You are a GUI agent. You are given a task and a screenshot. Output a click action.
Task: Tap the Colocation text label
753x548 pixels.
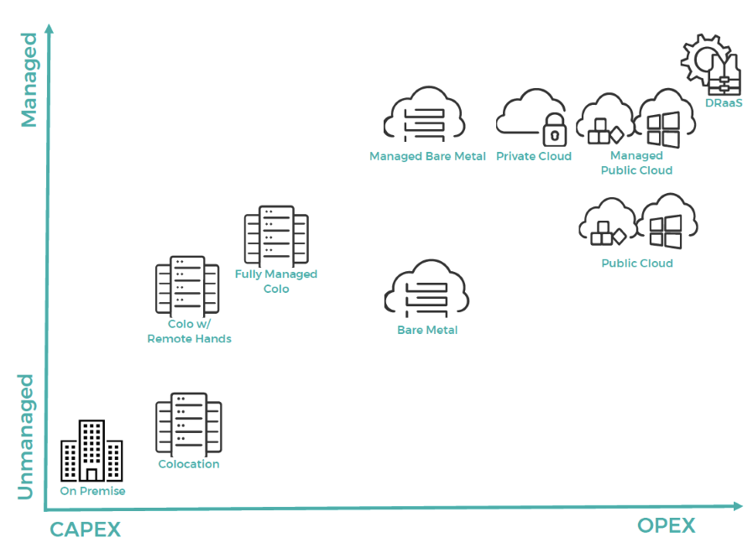(189, 464)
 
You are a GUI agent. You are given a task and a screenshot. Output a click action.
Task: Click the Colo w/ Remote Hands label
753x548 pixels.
(189, 331)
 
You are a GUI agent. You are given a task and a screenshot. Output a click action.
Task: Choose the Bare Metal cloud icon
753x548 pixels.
(426, 290)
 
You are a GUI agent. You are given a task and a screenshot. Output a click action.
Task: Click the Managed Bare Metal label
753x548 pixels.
(427, 156)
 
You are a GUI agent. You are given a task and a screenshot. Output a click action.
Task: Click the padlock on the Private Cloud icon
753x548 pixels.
(554, 131)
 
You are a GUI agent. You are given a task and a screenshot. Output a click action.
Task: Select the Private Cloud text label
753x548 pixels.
(534, 156)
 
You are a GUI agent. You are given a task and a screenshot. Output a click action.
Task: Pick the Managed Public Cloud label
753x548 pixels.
(636, 163)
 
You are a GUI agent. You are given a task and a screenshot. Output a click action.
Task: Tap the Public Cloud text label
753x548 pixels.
(637, 264)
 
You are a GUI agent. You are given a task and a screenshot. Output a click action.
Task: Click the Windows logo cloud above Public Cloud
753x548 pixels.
(668, 222)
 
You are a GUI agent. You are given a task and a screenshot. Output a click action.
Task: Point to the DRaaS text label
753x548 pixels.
(724, 104)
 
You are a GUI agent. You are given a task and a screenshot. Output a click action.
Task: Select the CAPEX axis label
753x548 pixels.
(85, 530)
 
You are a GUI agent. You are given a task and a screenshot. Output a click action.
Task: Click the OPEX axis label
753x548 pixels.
(667, 525)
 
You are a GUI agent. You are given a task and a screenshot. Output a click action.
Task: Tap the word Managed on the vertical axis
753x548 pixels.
(29, 80)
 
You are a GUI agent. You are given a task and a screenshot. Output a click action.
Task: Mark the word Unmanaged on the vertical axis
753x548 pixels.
(27, 436)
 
